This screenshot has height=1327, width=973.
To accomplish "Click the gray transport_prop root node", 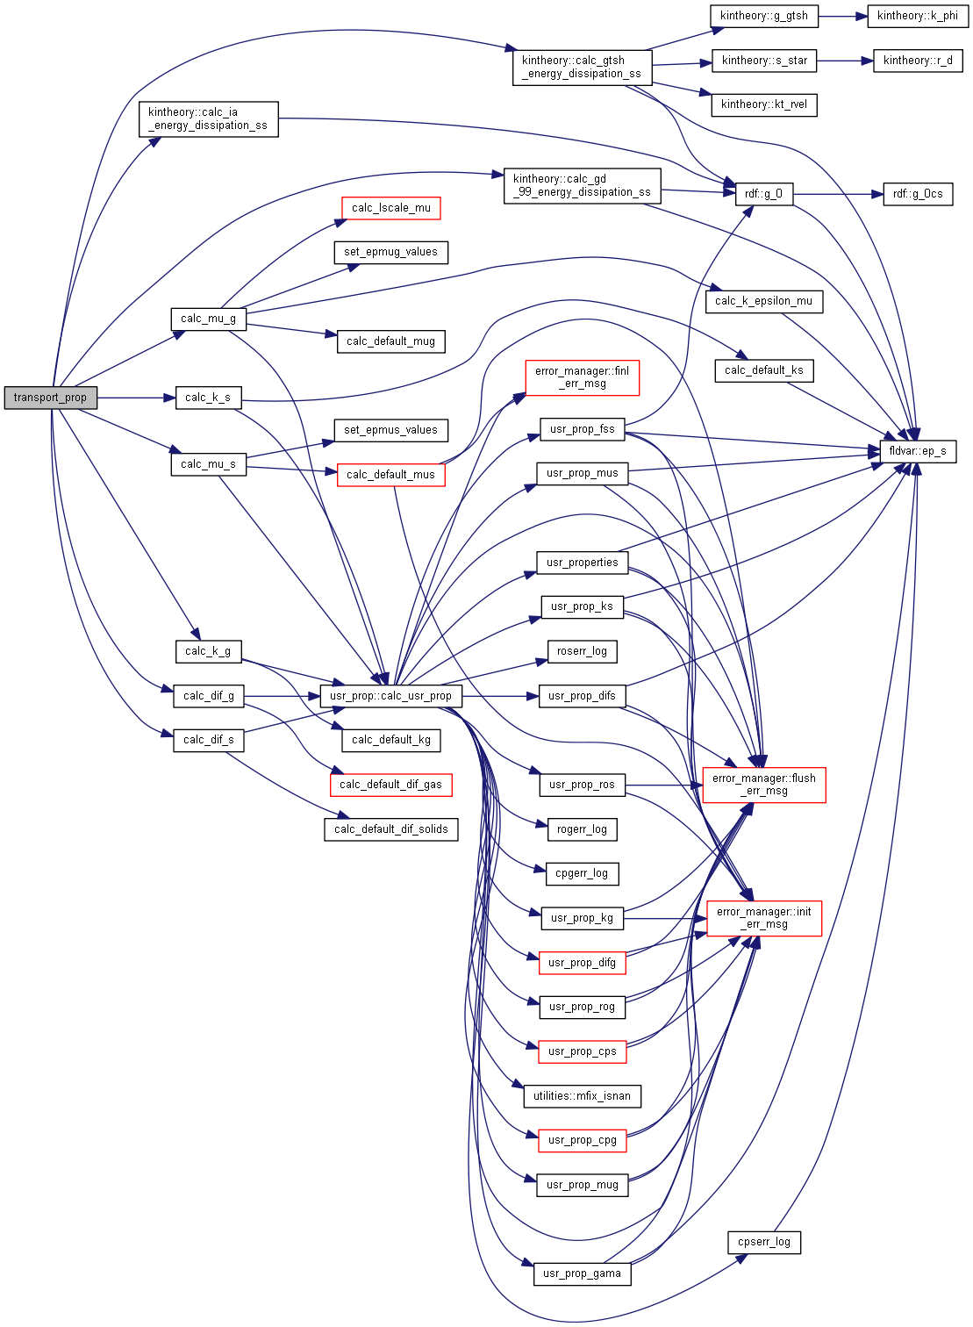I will click(50, 398).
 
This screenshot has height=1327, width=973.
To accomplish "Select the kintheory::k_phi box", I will click(917, 16).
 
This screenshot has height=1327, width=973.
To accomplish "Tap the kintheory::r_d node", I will click(918, 61).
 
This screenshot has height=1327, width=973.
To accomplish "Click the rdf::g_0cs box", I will click(918, 194).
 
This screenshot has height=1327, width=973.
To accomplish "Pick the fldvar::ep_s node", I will click(918, 451).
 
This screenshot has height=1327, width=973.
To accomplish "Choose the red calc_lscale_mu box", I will click(390, 208).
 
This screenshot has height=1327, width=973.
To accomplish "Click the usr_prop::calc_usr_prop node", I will click(390, 696).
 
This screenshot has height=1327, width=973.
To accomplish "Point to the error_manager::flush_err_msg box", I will click(763, 785).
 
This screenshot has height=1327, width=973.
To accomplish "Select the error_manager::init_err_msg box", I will click(763, 918).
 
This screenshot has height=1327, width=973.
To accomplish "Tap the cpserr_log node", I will click(763, 1242).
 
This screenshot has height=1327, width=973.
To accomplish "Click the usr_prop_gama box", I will click(582, 1273).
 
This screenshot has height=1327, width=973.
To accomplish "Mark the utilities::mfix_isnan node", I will click(582, 1096).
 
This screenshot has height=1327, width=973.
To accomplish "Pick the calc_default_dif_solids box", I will click(390, 829).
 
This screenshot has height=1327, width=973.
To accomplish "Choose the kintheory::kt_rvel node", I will click(763, 104).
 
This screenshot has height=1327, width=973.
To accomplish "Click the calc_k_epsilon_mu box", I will click(763, 301).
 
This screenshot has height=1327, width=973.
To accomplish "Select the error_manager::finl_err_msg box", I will click(582, 377).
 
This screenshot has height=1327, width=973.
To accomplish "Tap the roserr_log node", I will click(582, 651).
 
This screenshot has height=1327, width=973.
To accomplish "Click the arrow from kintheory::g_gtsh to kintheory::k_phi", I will click(842, 16).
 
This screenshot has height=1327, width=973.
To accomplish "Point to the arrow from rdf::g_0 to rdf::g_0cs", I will click(838, 194).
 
